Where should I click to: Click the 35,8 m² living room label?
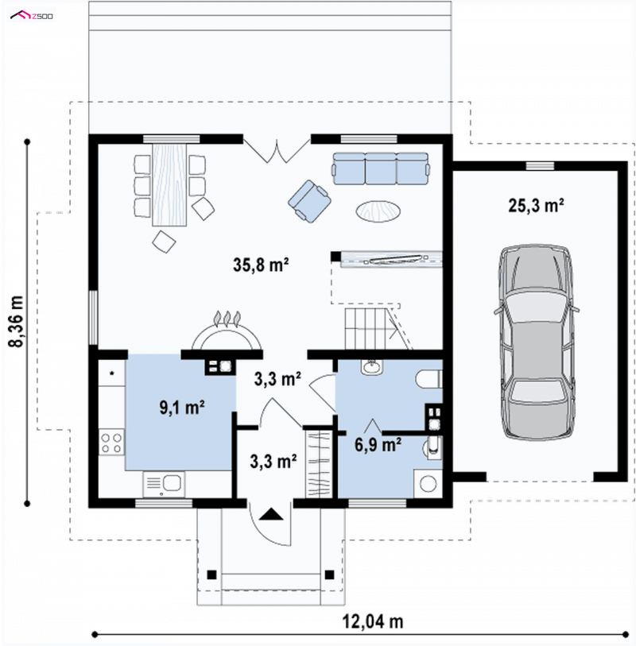coord(261,265)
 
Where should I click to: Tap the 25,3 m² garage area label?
coord(536,205)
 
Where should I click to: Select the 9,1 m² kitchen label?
coord(182,408)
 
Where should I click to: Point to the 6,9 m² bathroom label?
coord(378,445)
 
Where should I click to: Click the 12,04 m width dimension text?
coord(373,621)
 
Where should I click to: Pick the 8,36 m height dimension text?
coord(17,322)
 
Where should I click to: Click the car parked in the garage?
coord(537,342)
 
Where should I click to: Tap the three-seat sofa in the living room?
coord(381,168)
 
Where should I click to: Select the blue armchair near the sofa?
coord(309,201)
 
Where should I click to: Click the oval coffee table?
coord(378,211)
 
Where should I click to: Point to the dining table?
coord(169,184)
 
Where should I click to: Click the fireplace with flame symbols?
coord(227,331)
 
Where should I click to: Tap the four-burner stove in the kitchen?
coord(111,443)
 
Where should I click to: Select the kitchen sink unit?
coord(164,484)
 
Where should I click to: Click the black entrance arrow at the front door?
coord(271,514)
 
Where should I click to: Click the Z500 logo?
coord(32,16)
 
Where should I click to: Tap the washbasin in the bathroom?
coord(372,366)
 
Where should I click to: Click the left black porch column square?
coord(211,574)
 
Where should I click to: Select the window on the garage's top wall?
coord(540,165)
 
